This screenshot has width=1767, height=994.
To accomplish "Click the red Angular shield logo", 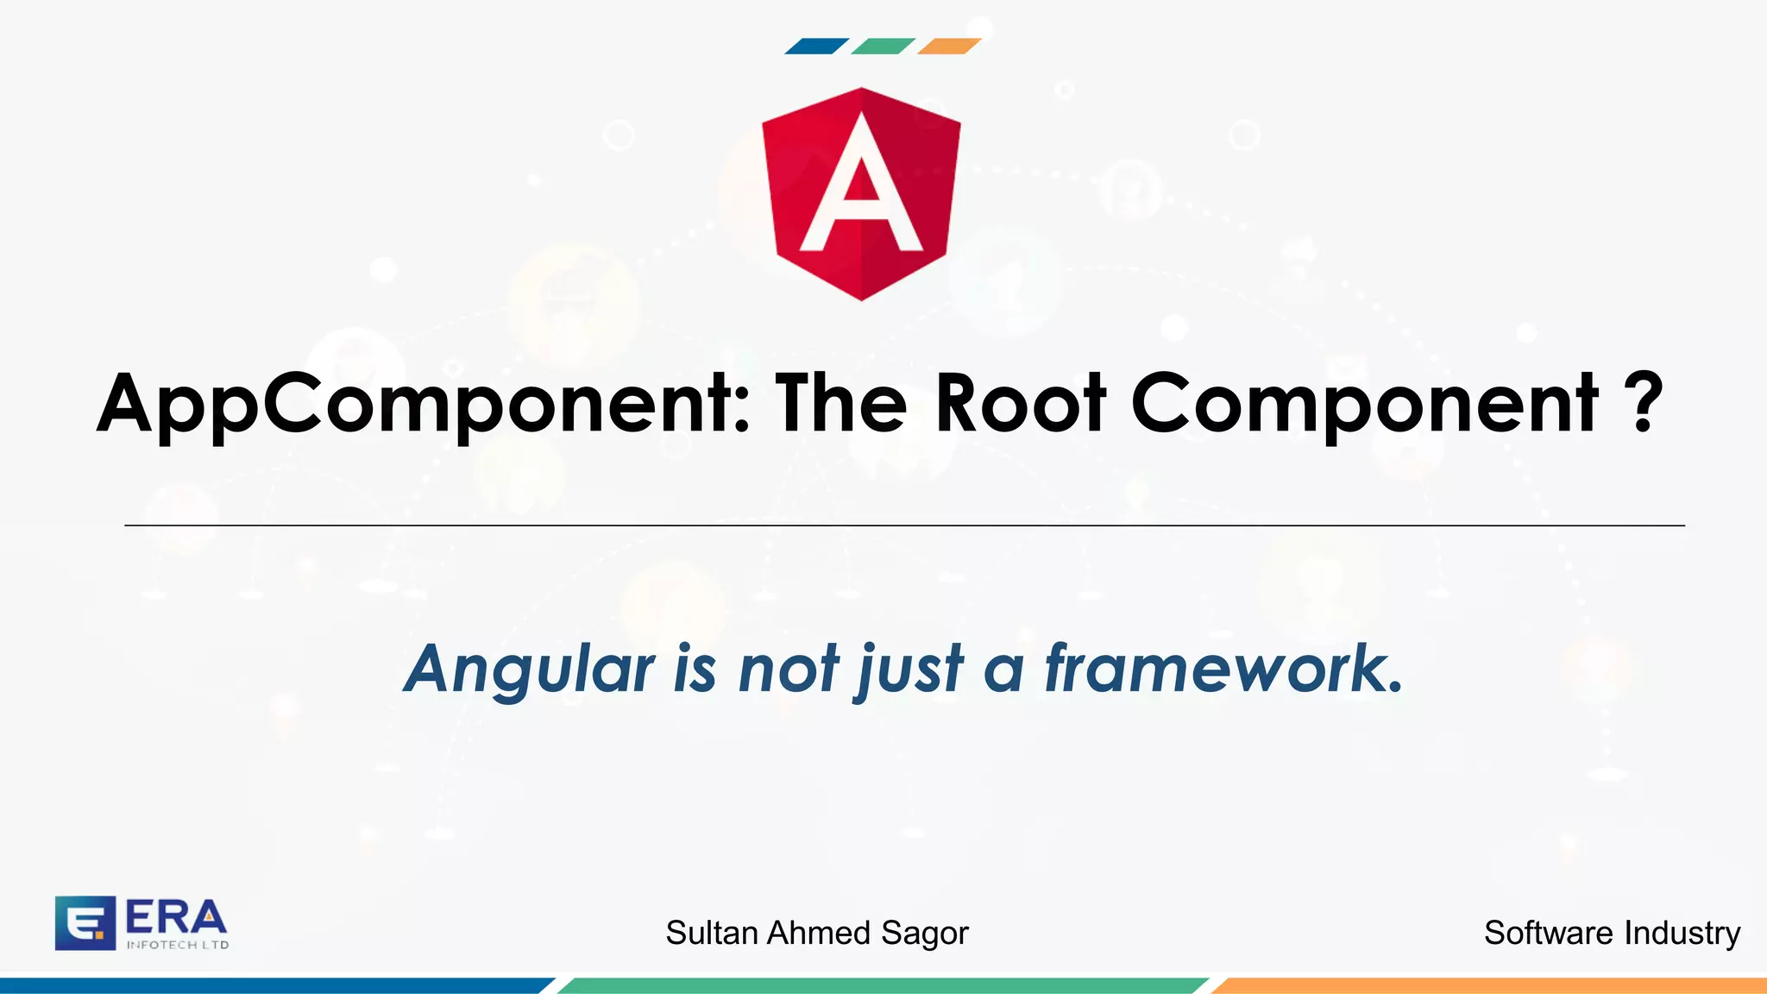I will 861,193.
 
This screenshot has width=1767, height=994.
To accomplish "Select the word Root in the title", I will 1020,403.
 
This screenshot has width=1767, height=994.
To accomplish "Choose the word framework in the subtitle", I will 1223,668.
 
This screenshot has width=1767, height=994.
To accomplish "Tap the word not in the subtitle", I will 788,670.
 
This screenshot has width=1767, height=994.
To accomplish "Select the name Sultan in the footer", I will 712,933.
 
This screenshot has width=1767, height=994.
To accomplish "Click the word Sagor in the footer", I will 924,934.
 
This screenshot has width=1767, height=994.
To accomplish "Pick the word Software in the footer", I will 1548,933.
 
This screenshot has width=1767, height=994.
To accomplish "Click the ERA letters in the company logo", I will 176,918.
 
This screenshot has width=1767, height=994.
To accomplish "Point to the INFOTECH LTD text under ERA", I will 178,945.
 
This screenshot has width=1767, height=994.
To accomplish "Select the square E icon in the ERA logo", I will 85,922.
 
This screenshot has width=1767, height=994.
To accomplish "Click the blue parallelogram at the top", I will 816,47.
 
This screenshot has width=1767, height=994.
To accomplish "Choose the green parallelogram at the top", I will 883,47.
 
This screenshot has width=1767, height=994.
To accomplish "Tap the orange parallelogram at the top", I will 949,47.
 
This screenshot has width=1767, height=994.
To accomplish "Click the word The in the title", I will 841,403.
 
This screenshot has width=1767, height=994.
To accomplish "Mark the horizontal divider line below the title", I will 904,525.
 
